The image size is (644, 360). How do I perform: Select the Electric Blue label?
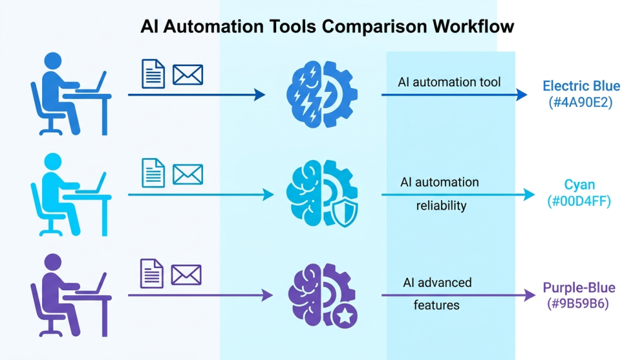tap(581, 86)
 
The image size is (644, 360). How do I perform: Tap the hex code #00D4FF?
tap(579, 203)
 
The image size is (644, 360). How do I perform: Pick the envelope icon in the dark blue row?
tap(187, 75)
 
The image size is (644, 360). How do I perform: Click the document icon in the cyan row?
tap(153, 172)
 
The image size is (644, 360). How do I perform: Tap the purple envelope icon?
tap(186, 274)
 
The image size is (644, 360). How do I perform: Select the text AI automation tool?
tap(449, 82)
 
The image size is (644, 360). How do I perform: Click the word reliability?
tap(441, 206)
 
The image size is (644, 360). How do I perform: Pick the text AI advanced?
tap(437, 283)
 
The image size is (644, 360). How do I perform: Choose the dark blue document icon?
tap(153, 74)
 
